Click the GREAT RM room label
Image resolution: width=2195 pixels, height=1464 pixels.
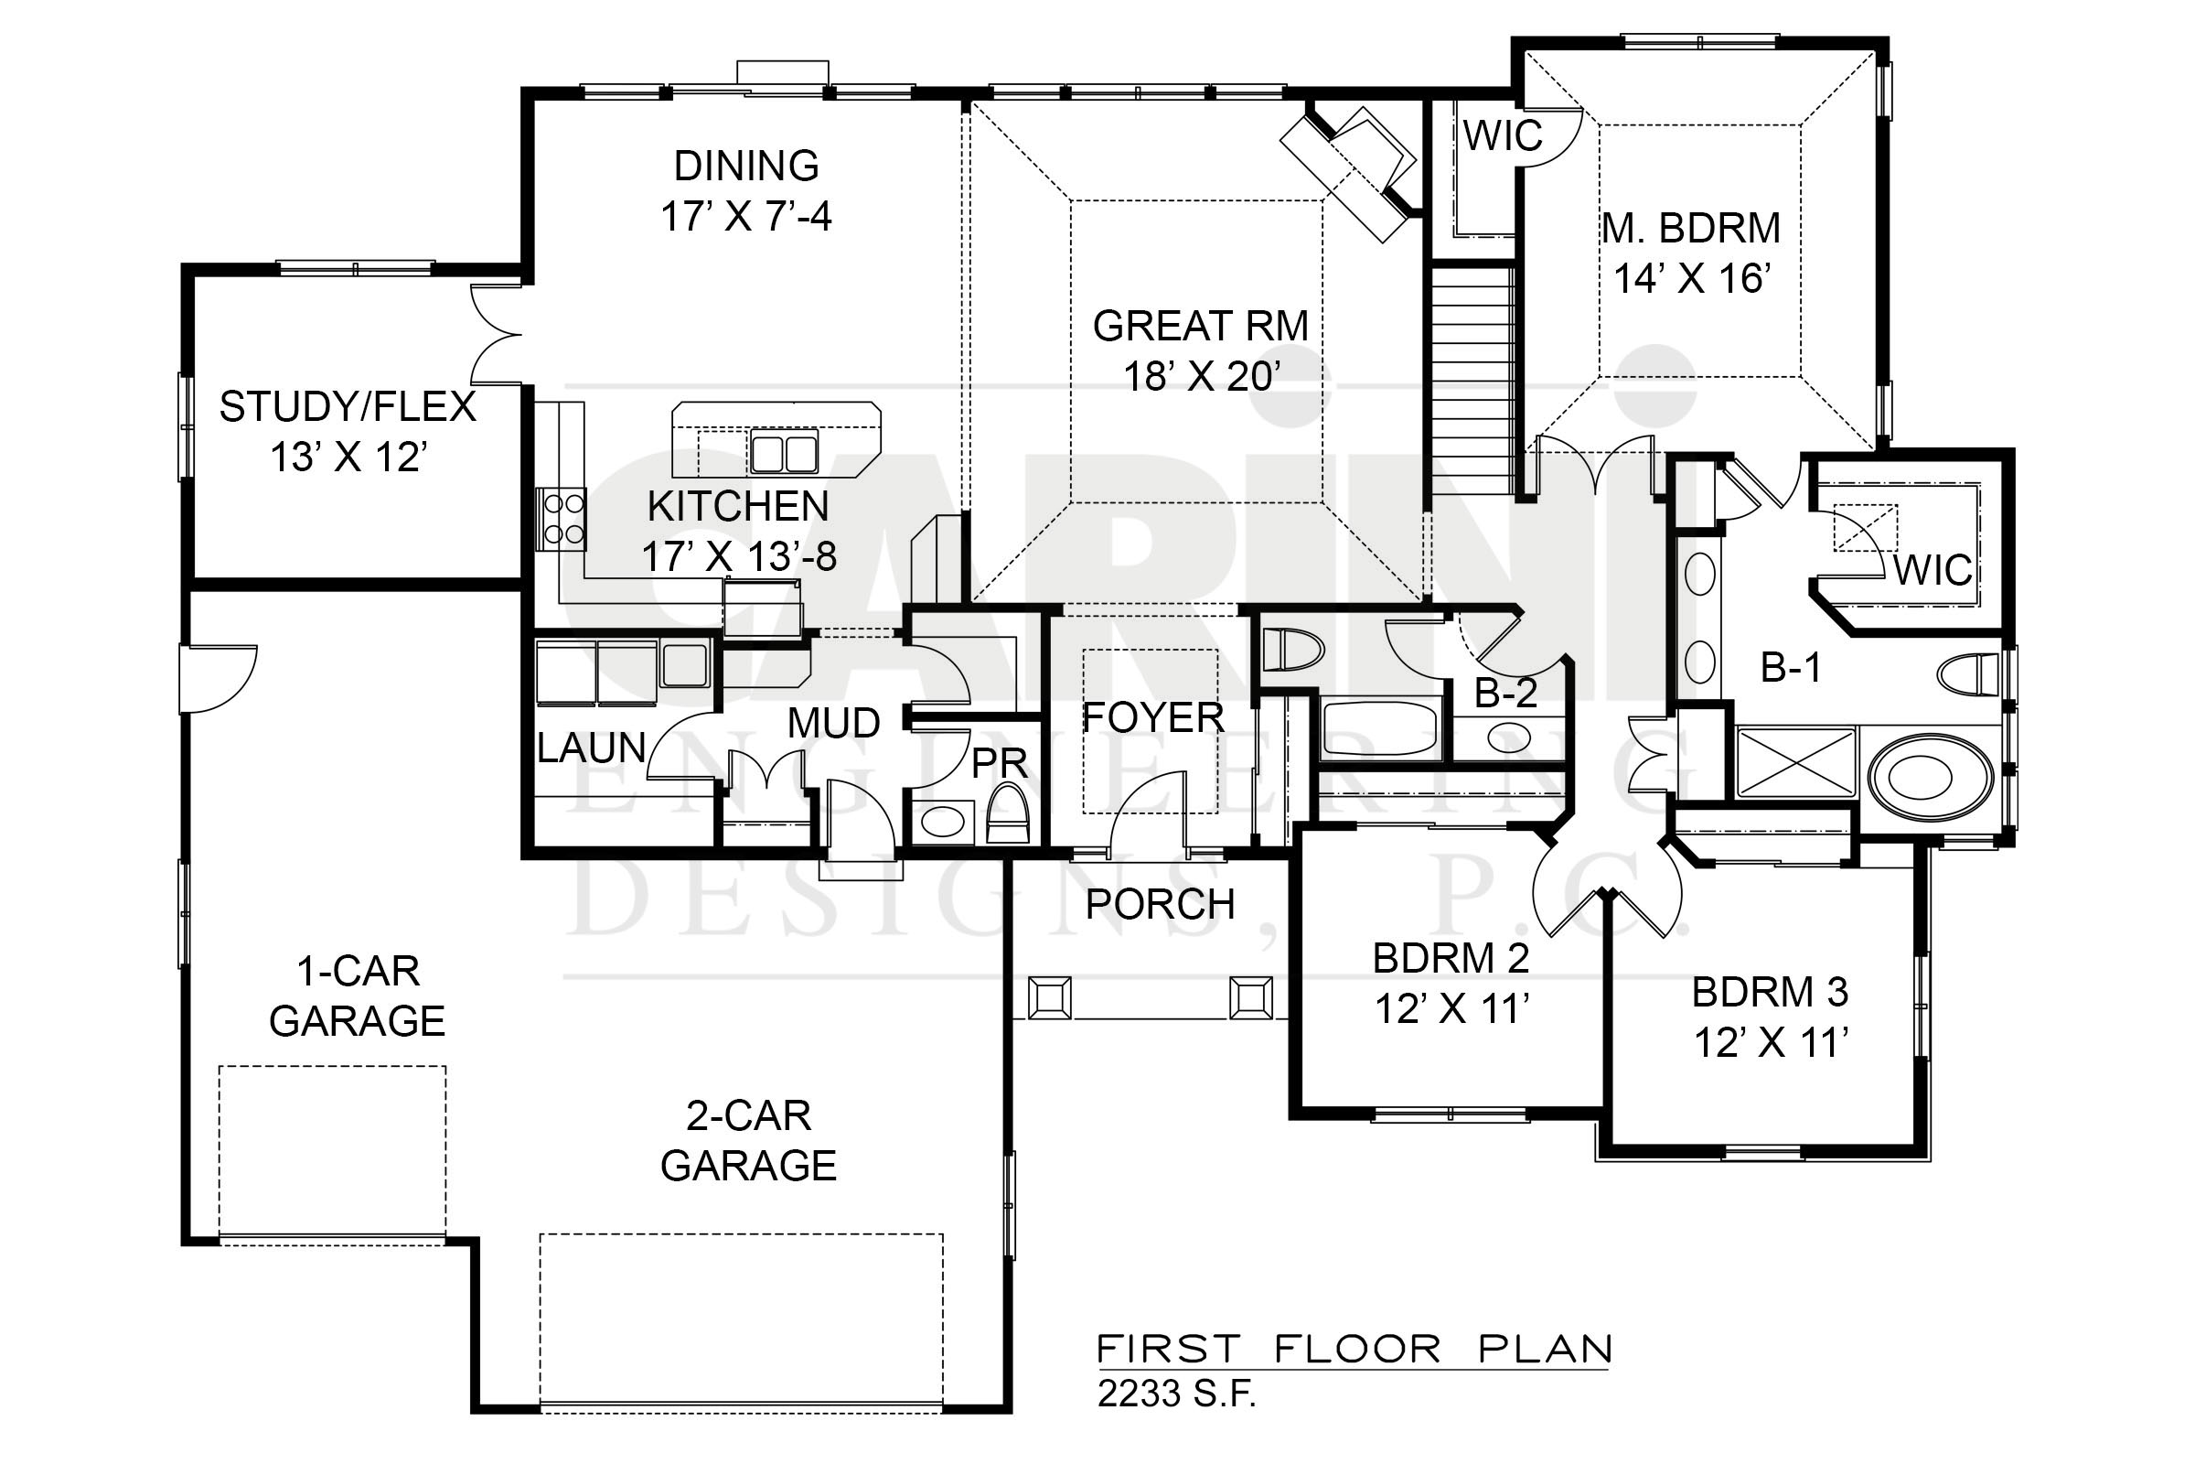(1200, 326)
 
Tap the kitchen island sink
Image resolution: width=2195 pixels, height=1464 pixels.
(783, 452)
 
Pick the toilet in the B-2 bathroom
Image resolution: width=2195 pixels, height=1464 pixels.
(1293, 650)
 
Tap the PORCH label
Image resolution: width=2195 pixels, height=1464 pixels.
(1160, 904)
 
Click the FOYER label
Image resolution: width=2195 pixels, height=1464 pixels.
(1152, 718)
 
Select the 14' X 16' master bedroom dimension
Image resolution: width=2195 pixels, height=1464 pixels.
(1691, 278)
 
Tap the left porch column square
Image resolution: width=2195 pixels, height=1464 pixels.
(1050, 998)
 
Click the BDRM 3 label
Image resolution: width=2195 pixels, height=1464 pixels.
(1770, 993)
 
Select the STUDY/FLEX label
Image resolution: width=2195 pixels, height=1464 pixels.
(348, 407)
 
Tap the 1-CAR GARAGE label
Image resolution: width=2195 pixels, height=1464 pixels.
(358, 996)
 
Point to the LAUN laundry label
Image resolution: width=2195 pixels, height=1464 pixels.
(592, 747)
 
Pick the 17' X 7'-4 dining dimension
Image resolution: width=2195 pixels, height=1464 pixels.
(746, 217)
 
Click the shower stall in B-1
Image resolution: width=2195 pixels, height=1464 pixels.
(1795, 762)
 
